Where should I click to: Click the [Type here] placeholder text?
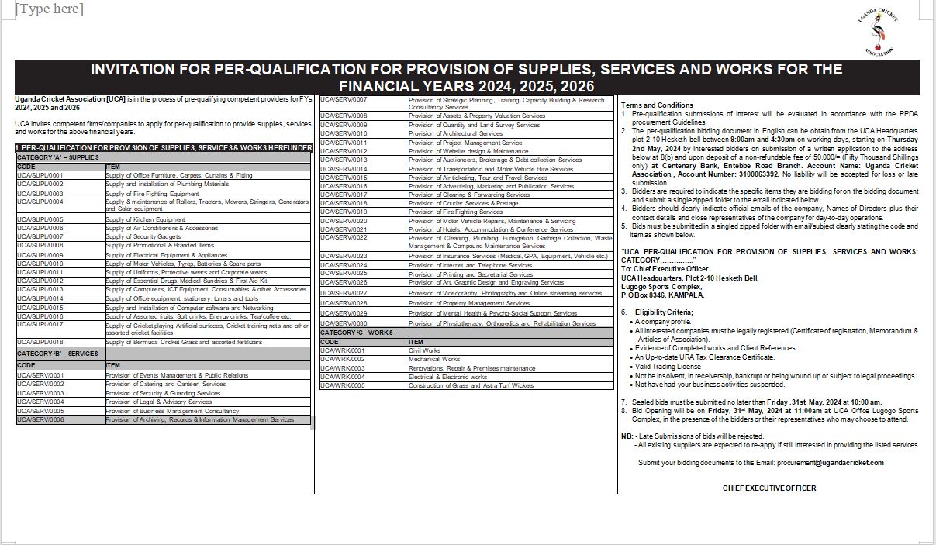coord(49,9)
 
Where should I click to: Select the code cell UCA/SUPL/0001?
coord(40,176)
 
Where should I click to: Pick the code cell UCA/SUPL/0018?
coord(40,342)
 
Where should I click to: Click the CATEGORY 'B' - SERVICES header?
coord(58,354)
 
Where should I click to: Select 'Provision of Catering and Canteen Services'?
coord(166,384)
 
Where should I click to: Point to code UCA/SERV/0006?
coord(40,419)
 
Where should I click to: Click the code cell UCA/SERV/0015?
coord(344,178)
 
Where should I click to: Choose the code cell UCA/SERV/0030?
coord(344,323)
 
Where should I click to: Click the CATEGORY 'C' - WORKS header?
coord(357,333)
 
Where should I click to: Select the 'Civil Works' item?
coord(425,350)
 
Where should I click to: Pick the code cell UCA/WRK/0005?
coord(342,385)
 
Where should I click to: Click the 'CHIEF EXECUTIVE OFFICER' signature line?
coord(769,488)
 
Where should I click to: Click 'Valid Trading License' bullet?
coord(668,367)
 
